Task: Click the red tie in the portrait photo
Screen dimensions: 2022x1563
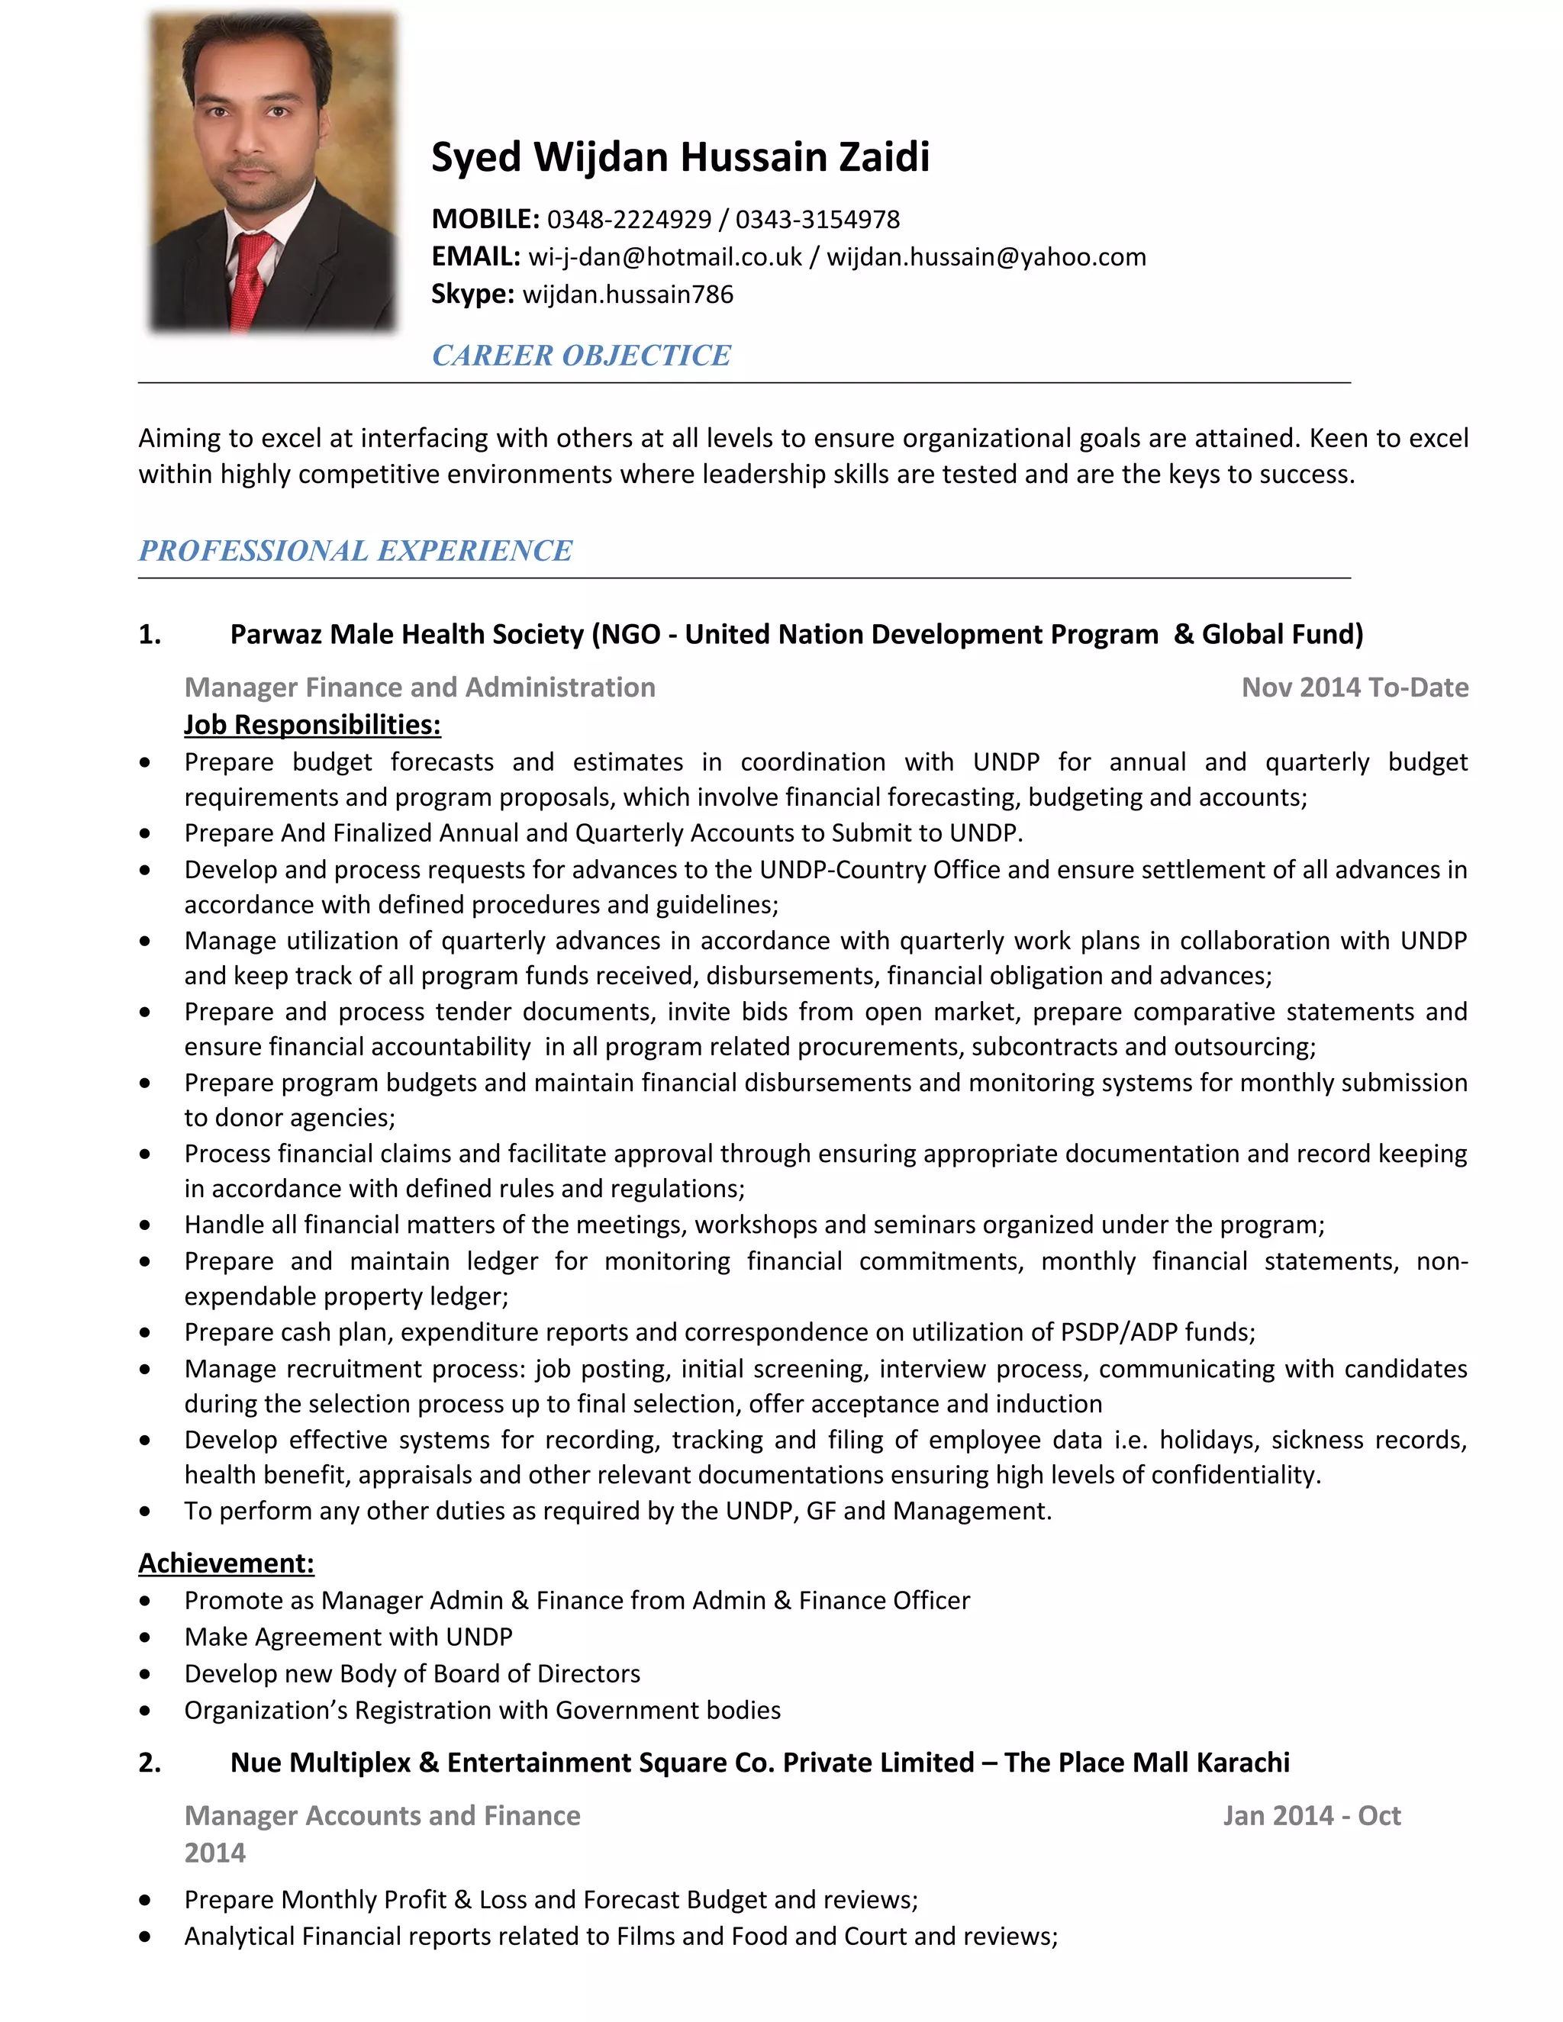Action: click(251, 278)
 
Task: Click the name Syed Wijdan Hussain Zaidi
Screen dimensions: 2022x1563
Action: click(680, 156)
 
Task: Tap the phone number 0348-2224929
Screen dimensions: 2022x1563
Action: click(629, 220)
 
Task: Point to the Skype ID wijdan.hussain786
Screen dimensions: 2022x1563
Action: click(628, 295)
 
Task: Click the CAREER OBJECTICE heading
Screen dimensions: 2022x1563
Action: click(582, 356)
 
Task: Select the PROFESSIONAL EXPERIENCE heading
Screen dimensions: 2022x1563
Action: click(356, 551)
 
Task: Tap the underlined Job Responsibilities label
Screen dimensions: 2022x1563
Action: click(312, 724)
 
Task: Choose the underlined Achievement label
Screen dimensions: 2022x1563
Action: click(226, 1563)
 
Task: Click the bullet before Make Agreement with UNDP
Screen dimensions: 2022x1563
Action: click(145, 1637)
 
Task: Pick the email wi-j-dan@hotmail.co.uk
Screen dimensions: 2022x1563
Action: click(664, 256)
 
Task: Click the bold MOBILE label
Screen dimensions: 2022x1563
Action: click(485, 220)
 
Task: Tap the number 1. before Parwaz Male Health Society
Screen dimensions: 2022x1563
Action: click(150, 634)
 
